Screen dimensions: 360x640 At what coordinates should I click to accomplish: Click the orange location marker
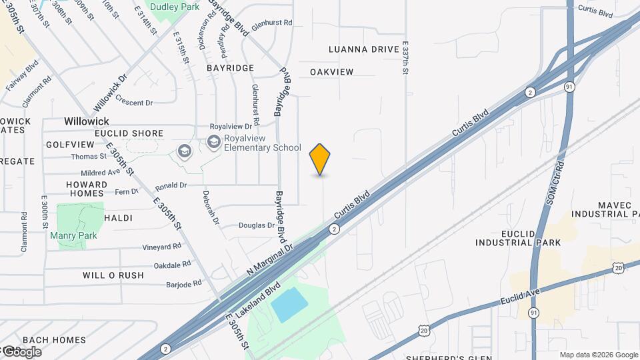click(x=320, y=159)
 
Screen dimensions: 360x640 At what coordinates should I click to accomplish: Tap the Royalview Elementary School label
click(x=262, y=143)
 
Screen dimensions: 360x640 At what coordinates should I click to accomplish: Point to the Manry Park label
click(x=73, y=235)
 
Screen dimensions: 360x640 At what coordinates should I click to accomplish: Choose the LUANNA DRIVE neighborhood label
click(x=363, y=49)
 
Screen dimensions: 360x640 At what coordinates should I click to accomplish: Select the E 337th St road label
click(x=405, y=58)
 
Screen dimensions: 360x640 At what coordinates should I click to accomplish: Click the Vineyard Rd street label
click(x=161, y=247)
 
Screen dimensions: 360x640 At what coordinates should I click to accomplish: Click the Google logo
click(x=21, y=352)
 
